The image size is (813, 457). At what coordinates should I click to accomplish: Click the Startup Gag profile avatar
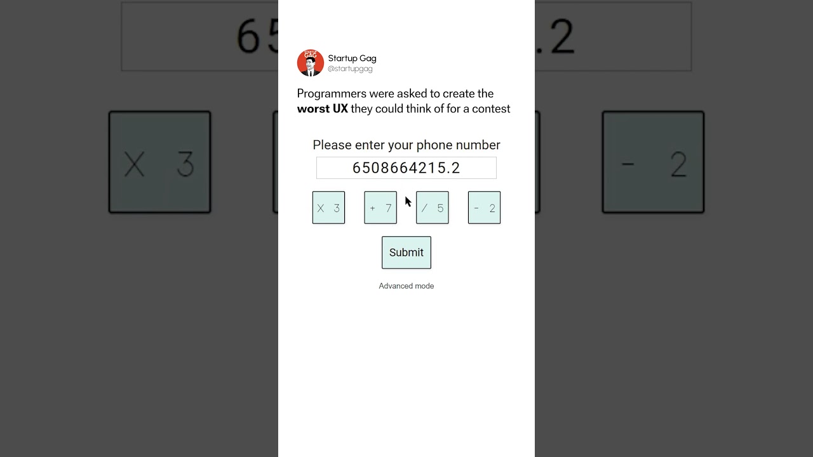tap(310, 63)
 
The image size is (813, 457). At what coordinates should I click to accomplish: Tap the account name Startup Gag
tap(352, 58)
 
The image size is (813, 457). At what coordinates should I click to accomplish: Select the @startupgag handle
tap(350, 69)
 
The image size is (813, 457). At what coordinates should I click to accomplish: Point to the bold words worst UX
tap(323, 109)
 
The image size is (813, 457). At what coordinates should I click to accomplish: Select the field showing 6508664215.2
tap(406, 168)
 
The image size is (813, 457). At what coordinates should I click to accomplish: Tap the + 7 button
tap(380, 208)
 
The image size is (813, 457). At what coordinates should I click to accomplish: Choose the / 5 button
tap(433, 208)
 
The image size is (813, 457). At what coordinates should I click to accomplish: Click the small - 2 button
tap(484, 208)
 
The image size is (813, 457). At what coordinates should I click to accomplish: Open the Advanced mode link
tap(406, 286)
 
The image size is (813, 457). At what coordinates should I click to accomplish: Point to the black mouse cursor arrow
tap(408, 201)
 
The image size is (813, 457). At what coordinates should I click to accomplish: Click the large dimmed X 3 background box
tap(159, 162)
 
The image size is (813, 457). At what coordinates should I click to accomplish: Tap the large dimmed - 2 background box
tap(653, 162)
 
